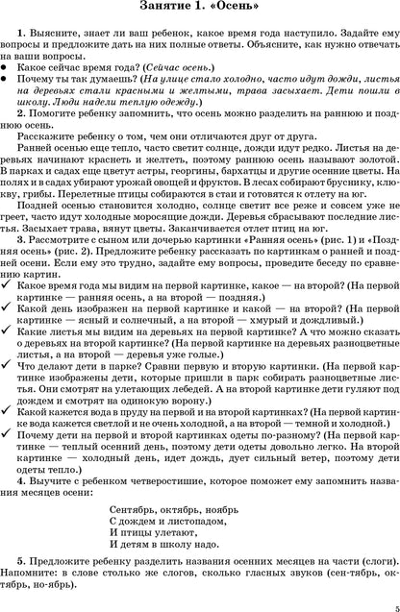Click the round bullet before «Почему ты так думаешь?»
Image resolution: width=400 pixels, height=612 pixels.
(9, 85)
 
